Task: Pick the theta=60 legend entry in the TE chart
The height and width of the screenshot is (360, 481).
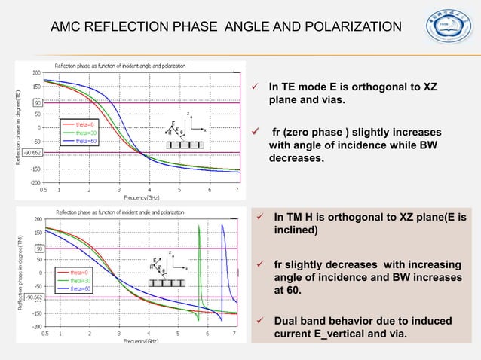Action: (83, 140)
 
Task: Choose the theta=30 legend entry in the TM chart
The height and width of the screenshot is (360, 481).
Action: (81, 280)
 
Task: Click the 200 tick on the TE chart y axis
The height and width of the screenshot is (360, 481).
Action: (36, 73)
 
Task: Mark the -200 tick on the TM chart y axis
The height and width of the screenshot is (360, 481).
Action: (36, 327)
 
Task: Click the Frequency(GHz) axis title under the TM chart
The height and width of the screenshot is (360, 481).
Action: (147, 340)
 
